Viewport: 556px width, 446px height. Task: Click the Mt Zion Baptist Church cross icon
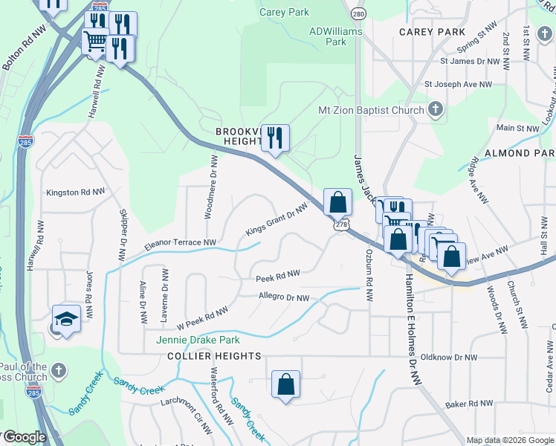(x=436, y=111)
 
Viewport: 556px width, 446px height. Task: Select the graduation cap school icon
(x=66, y=320)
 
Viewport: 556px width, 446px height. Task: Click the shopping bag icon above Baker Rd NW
(x=285, y=384)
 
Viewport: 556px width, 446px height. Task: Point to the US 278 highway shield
(x=341, y=224)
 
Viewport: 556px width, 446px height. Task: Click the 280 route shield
(x=359, y=14)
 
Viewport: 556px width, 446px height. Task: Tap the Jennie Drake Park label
(x=198, y=340)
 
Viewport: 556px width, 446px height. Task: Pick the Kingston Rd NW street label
(x=75, y=193)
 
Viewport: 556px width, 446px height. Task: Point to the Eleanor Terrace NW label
(x=180, y=242)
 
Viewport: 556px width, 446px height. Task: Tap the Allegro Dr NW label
(x=283, y=298)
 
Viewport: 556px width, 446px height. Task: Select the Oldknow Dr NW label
(x=448, y=358)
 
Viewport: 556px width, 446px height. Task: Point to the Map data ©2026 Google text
(x=509, y=440)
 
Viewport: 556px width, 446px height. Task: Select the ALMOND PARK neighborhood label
(x=520, y=152)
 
